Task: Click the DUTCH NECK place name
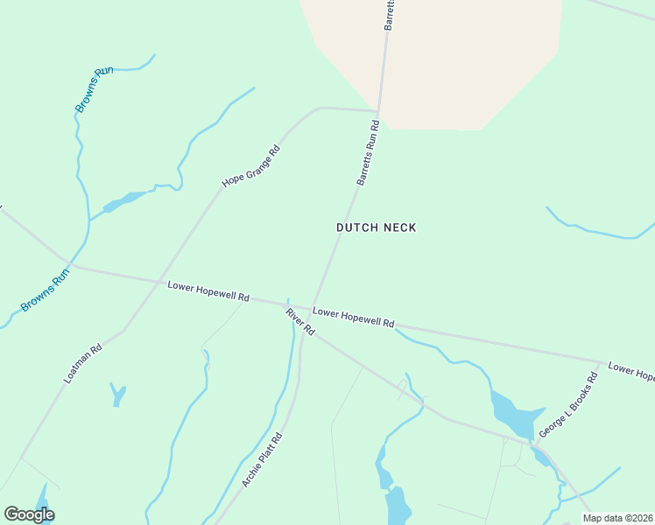376,227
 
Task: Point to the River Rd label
299,321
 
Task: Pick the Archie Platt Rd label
263,459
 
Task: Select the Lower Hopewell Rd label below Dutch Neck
354,317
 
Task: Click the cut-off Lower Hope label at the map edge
630,372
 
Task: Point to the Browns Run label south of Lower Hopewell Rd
46,291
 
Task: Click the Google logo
29,514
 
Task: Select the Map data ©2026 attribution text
617,518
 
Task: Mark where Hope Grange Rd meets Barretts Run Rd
377,111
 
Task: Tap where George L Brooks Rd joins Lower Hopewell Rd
601,361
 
